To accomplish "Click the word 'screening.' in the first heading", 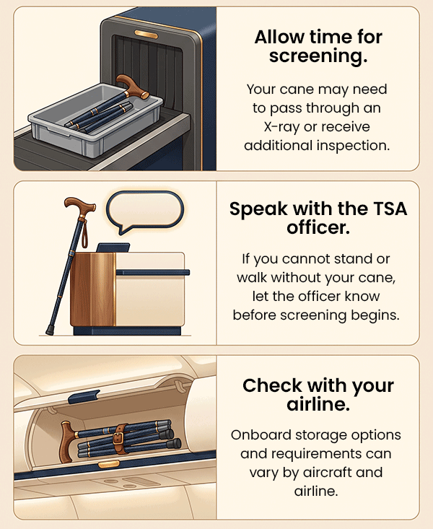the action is pyautogui.click(x=318, y=56).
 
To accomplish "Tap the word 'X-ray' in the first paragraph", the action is pyautogui.click(x=281, y=127).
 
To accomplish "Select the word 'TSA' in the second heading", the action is pyautogui.click(x=390, y=209).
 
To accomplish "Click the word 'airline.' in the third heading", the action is pyautogui.click(x=318, y=404).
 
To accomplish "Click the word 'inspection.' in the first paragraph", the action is pyautogui.click(x=353, y=146).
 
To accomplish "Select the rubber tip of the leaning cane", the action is pyautogui.click(x=50, y=330).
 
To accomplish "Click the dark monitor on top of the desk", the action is pyautogui.click(x=113, y=248).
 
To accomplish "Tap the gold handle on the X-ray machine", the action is pyautogui.click(x=146, y=34).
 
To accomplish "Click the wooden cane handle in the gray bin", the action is pyautogui.click(x=132, y=87).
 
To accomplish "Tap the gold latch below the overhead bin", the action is pyautogui.click(x=109, y=465).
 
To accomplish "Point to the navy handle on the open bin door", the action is pyautogui.click(x=84, y=396).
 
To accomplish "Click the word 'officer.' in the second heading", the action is pyautogui.click(x=318, y=228).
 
